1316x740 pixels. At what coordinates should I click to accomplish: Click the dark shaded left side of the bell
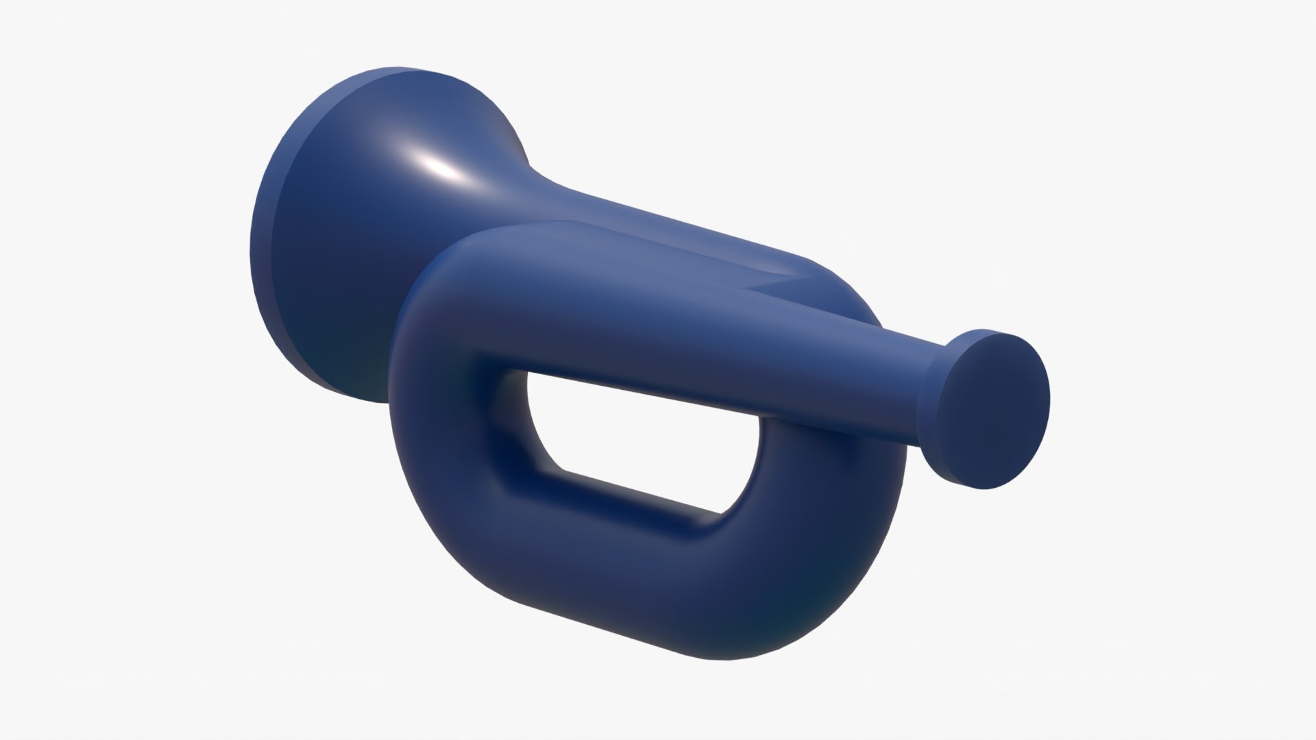(302, 274)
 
